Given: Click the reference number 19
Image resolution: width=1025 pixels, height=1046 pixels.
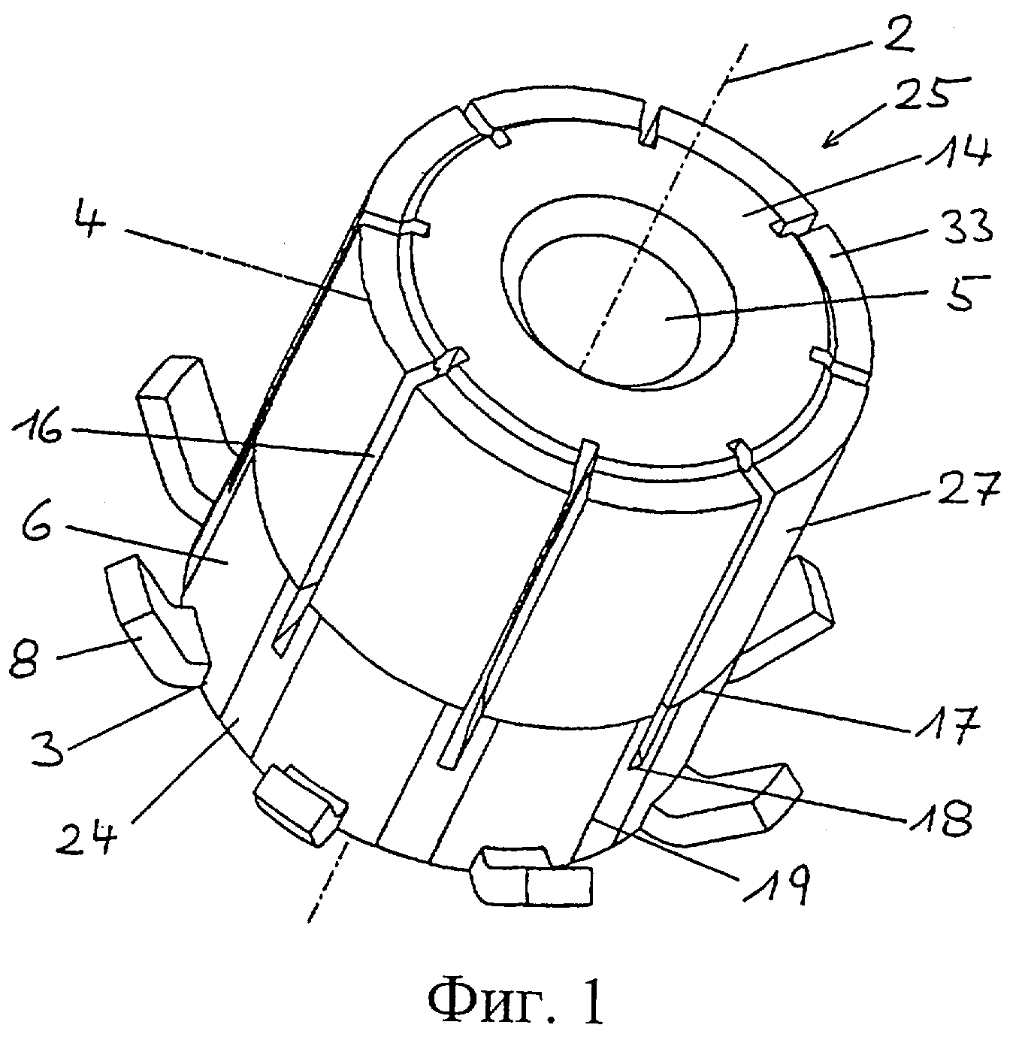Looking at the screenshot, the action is coord(781,884).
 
